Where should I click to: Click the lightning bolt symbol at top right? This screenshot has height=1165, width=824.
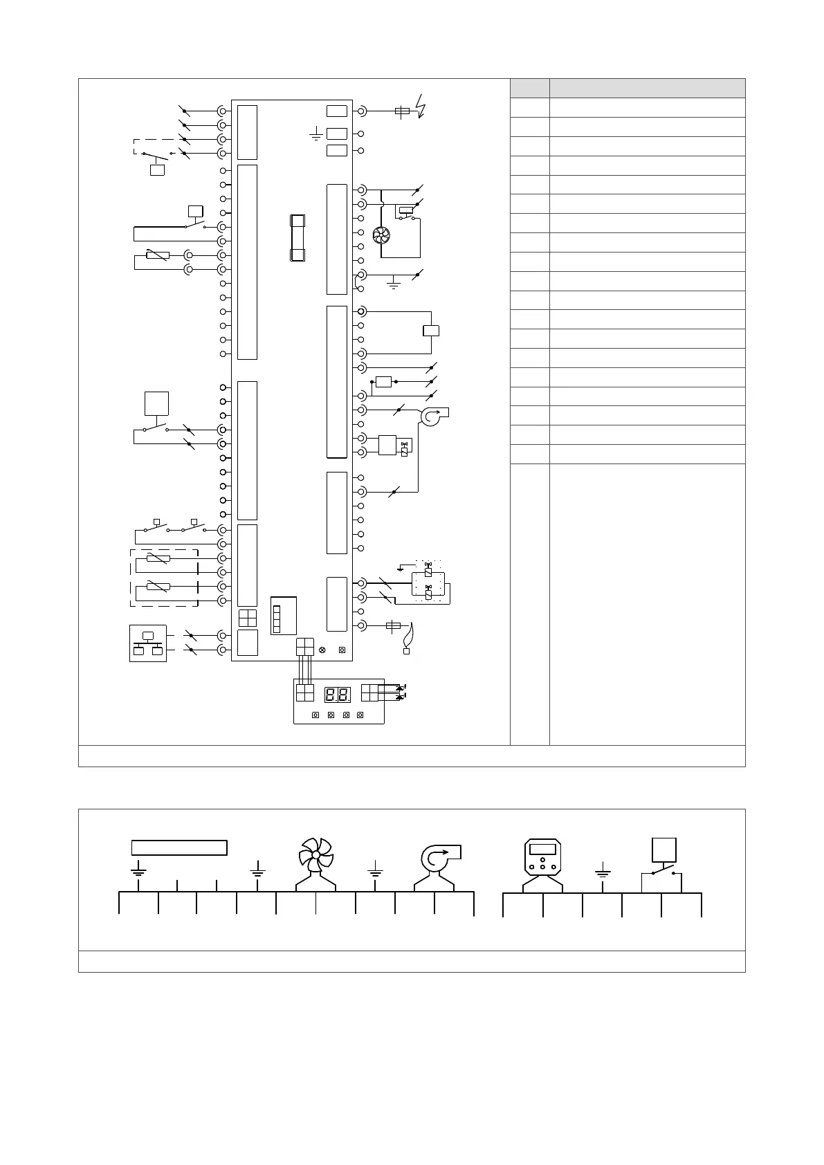420,106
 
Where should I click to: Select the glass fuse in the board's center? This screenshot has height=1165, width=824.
297,238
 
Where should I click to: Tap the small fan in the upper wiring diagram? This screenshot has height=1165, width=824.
381,236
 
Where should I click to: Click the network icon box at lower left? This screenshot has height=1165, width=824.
148,643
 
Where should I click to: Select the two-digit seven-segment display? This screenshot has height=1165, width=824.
338,695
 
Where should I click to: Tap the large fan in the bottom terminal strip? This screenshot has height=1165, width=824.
315,856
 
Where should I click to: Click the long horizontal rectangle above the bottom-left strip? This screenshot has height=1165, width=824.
179,847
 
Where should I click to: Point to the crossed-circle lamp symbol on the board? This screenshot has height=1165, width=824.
322,650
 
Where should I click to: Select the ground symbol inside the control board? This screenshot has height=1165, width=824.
315,134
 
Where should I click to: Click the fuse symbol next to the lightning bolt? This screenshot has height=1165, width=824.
401,111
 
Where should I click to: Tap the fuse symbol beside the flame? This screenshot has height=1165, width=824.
393,625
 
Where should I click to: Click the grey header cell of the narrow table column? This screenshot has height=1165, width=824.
529,88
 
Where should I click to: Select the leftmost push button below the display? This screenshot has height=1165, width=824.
315,715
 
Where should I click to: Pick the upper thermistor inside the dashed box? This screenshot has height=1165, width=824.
158,558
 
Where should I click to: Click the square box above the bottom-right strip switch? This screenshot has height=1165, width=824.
664,850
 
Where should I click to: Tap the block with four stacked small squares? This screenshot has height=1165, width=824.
277,619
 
